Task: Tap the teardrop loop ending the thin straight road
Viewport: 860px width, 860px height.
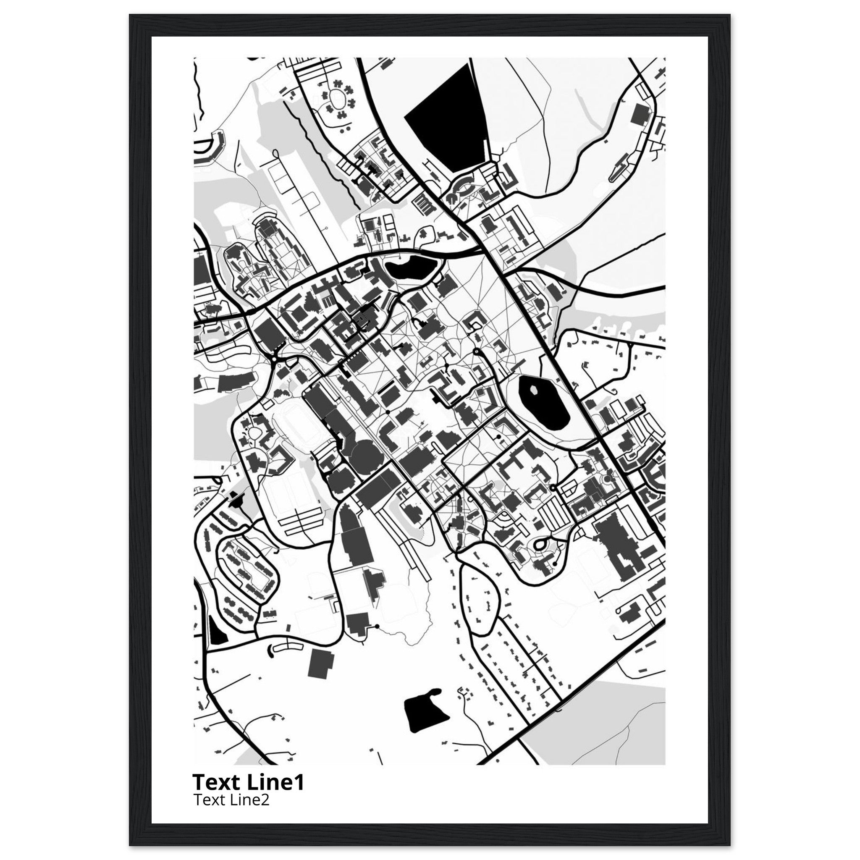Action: [277, 155]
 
